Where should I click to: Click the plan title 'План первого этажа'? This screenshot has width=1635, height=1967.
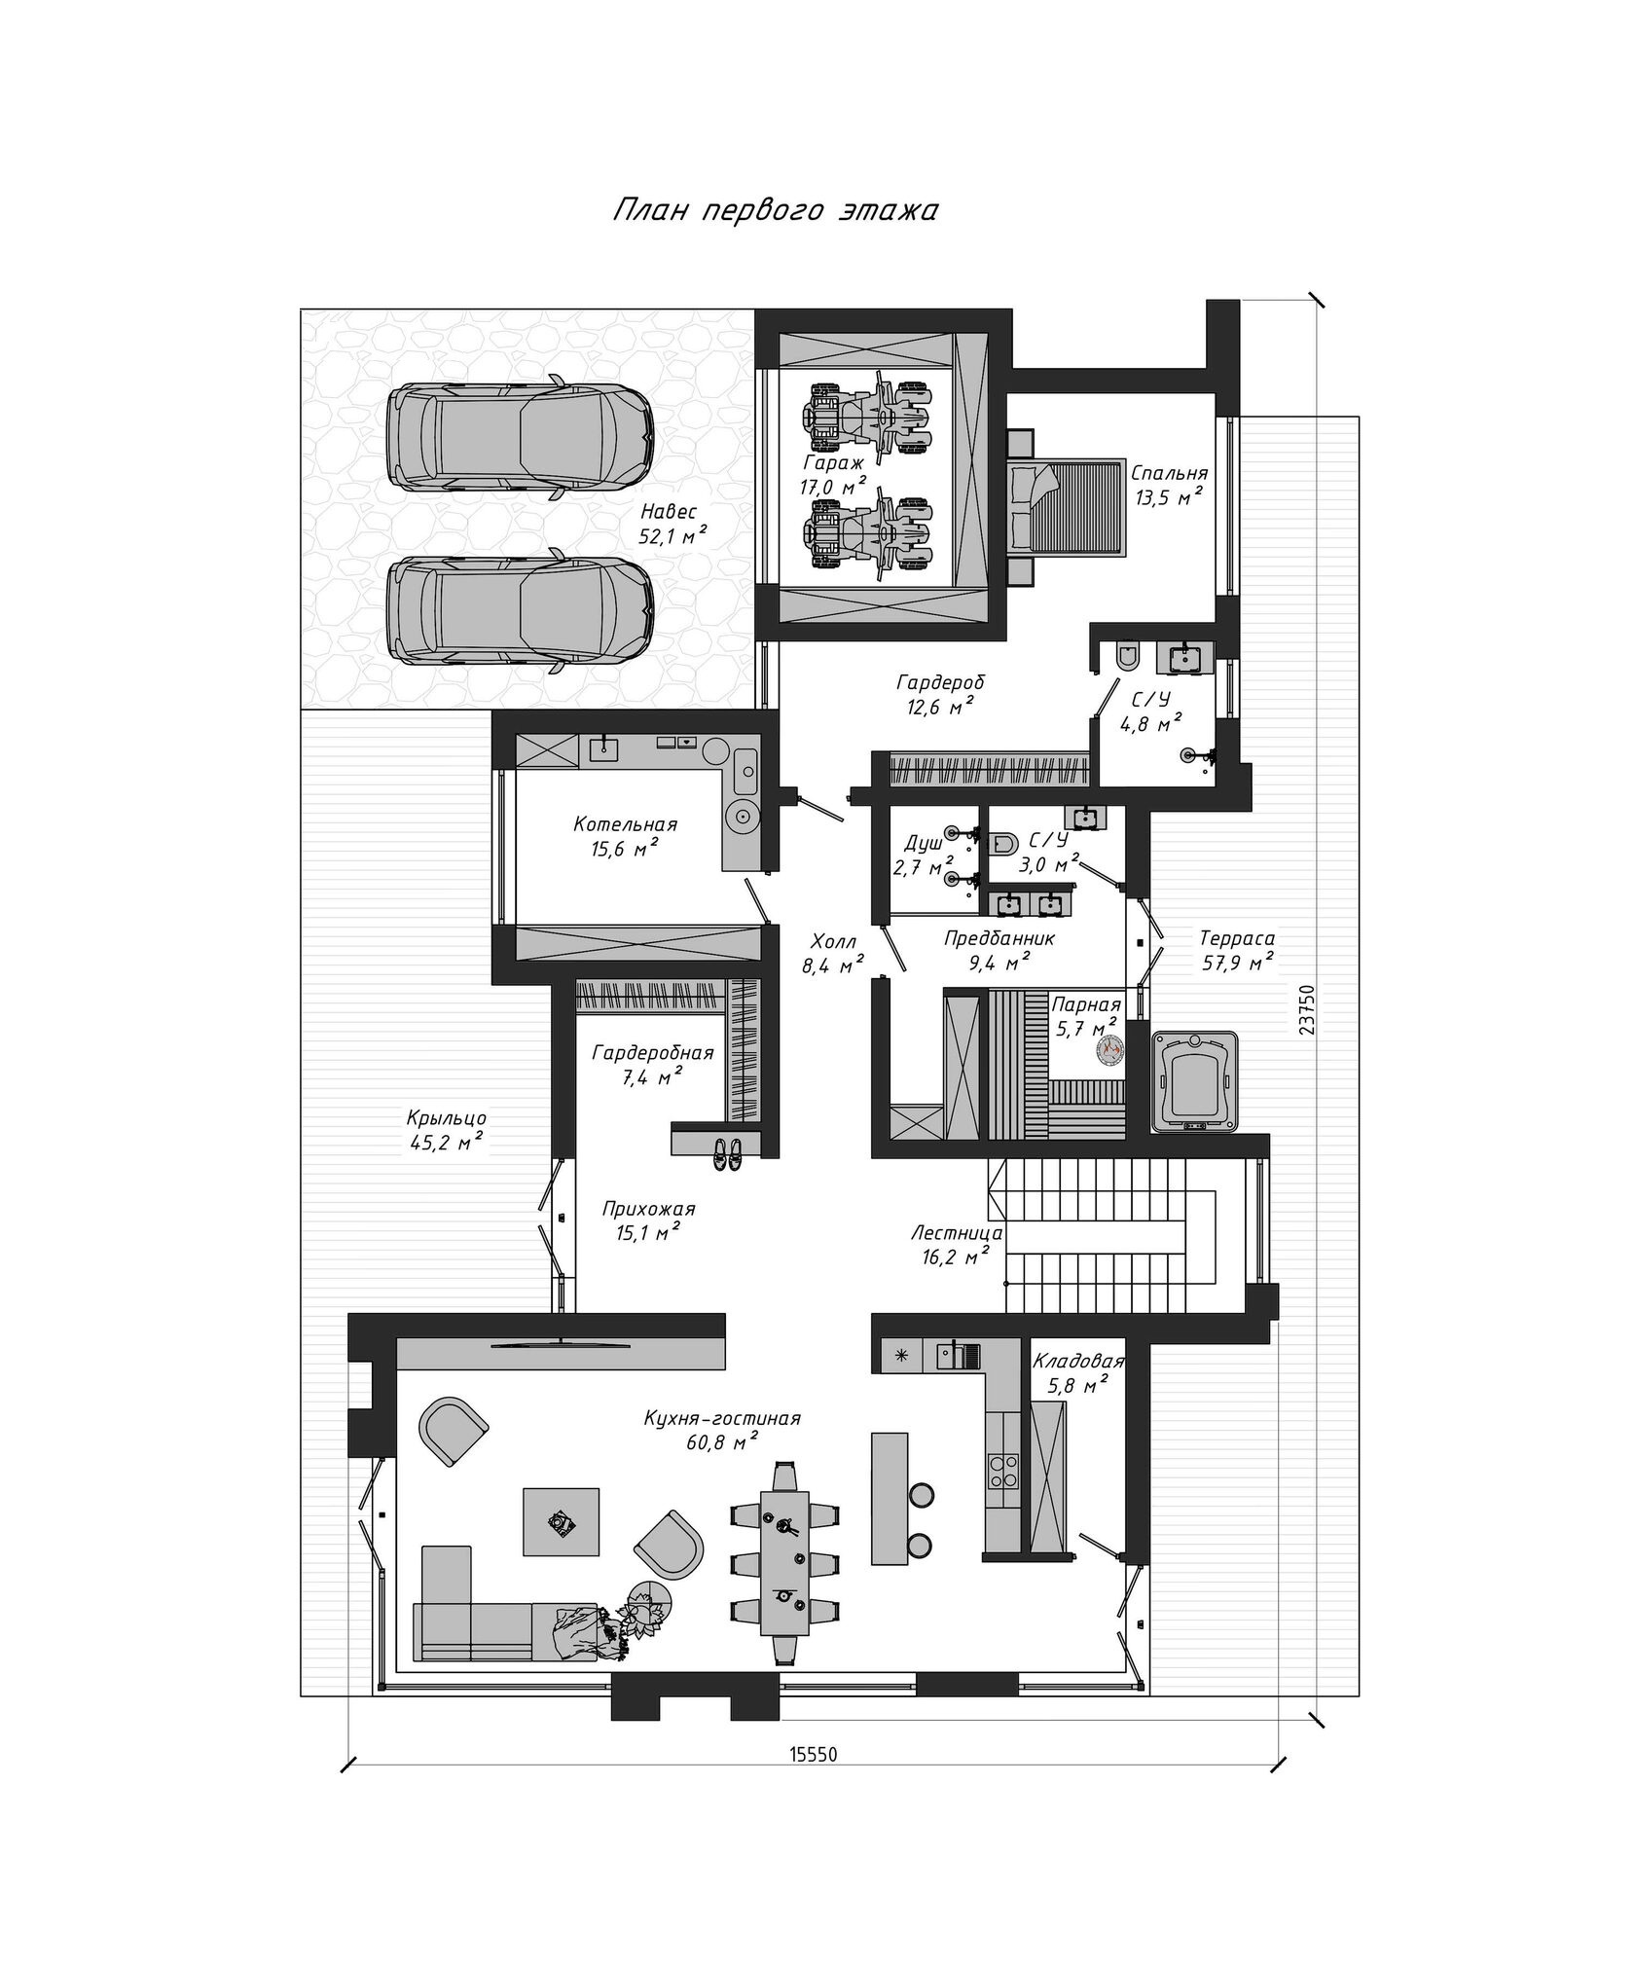tap(775, 211)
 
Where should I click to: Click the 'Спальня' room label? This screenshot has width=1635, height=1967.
tap(1169, 473)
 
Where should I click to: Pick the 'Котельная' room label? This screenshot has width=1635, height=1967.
tap(625, 824)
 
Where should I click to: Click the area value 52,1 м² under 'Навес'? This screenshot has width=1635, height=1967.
tap(672, 534)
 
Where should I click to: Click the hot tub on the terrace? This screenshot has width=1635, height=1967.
tap(1194, 1081)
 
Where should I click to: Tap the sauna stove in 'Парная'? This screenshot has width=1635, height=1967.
tap(1109, 1048)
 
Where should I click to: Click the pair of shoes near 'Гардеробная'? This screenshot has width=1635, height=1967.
tap(726, 1153)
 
